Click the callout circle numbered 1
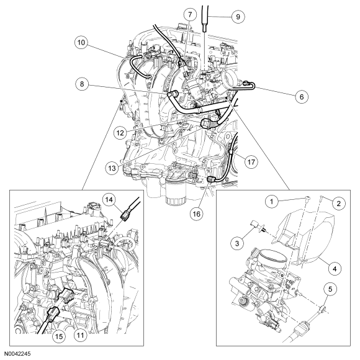[272, 202]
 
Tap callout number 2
[339, 203]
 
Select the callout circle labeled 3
[237, 243]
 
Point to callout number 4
[335, 268]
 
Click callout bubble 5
[330, 289]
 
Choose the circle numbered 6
[302, 97]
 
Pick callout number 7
[190, 15]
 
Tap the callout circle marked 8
[82, 84]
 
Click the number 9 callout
[238, 17]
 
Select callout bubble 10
[81, 43]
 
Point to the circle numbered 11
[80, 335]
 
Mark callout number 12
[120, 133]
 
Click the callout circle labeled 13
[112, 168]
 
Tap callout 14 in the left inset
[109, 200]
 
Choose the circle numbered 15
[59, 336]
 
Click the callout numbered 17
[251, 162]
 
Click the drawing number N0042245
[17, 353]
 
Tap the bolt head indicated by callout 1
[308, 197]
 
